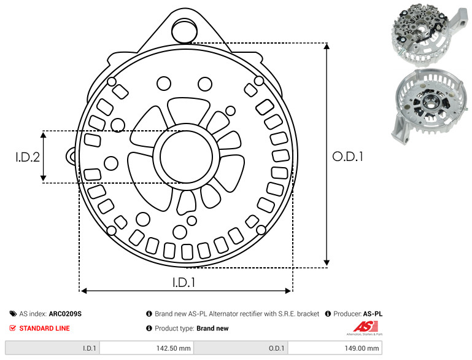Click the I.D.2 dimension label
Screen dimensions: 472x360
pyautogui.click(x=28, y=157)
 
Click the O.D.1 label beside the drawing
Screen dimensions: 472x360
pyautogui.click(x=347, y=157)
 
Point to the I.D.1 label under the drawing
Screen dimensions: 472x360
pyautogui.click(x=184, y=282)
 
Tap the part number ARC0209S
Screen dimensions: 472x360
pyautogui.click(x=65, y=313)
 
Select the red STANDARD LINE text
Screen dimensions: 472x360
pyautogui.click(x=45, y=328)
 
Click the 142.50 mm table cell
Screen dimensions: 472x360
pyautogui.click(x=147, y=348)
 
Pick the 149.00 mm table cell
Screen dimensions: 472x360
pyautogui.click(x=335, y=348)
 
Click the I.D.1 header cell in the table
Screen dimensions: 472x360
pyautogui.click(x=52, y=348)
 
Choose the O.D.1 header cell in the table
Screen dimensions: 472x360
pyautogui.click(x=241, y=348)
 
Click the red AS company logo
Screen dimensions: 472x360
pyautogui.click(x=365, y=327)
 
